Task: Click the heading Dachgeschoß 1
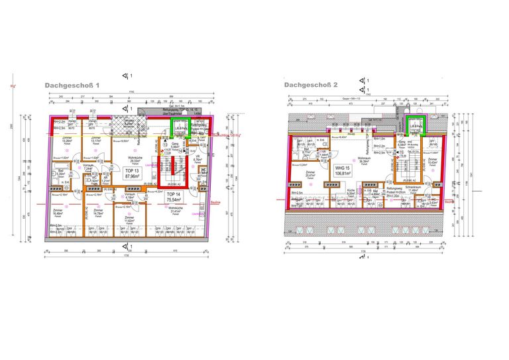pos(72,86)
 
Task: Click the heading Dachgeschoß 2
pos(311,85)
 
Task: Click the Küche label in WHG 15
pos(352,192)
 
